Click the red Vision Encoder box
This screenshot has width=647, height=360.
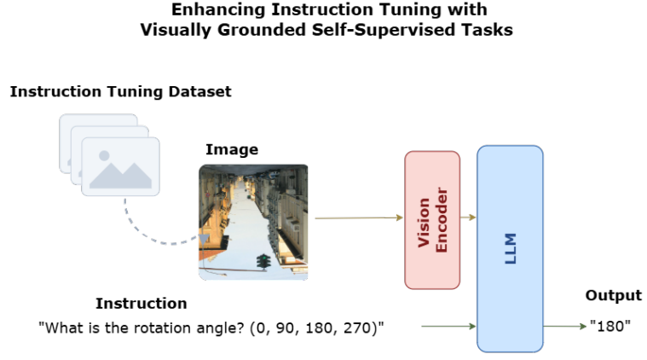click(x=432, y=220)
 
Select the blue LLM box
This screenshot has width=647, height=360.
click(x=510, y=249)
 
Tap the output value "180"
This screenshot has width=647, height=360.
click(x=610, y=326)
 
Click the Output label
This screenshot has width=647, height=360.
click(x=614, y=296)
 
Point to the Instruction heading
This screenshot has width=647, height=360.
click(x=142, y=304)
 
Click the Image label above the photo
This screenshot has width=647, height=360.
click(x=232, y=150)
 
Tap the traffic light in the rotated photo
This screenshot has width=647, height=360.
click(x=263, y=262)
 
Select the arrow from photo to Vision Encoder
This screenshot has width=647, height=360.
click(x=359, y=218)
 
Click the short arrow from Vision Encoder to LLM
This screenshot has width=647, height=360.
click(x=468, y=218)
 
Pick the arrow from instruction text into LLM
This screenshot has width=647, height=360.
click(x=448, y=326)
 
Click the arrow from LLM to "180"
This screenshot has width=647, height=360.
click(x=565, y=326)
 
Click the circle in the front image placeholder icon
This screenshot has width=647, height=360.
click(x=104, y=155)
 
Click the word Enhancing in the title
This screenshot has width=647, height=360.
click(x=218, y=10)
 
